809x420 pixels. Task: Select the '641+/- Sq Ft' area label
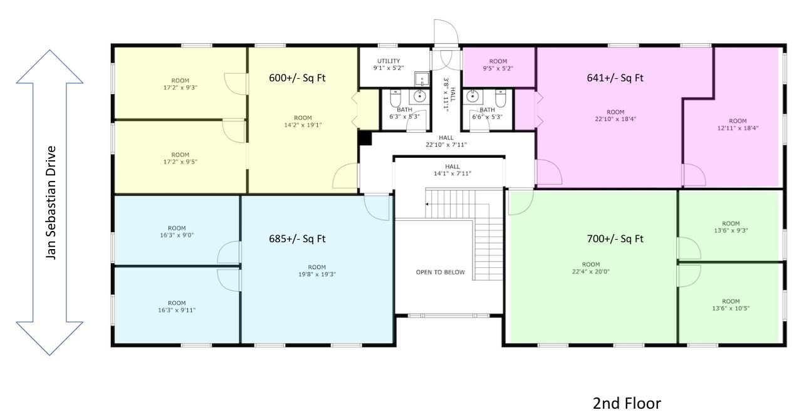(x=615, y=78)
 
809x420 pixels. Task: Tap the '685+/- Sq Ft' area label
(x=297, y=238)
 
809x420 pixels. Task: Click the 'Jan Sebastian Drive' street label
(x=51, y=202)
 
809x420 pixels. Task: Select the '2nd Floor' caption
(x=626, y=403)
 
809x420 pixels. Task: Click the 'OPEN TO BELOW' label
(x=441, y=272)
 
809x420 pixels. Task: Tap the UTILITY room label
(x=389, y=61)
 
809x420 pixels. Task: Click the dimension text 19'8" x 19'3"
(x=317, y=274)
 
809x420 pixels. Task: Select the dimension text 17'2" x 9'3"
(x=180, y=88)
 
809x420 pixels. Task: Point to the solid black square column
(x=365, y=138)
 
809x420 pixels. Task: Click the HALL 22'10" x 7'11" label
(x=446, y=141)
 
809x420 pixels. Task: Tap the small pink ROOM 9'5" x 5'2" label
(x=498, y=65)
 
